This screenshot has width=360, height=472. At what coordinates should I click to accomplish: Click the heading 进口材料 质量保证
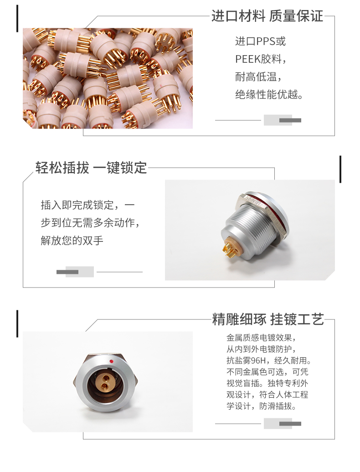click(x=267, y=16)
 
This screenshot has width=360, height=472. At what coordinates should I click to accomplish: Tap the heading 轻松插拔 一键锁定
click(x=91, y=168)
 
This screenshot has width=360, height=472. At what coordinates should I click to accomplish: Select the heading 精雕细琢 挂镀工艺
click(x=268, y=319)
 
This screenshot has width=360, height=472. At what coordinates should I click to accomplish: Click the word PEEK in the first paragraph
click(x=247, y=59)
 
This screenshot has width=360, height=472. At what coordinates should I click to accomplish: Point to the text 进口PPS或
click(x=260, y=41)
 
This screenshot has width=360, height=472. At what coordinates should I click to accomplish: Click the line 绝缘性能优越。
click(x=269, y=94)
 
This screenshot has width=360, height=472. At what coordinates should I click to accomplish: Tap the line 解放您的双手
click(x=72, y=241)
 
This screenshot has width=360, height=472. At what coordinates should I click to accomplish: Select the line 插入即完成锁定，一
click(x=87, y=205)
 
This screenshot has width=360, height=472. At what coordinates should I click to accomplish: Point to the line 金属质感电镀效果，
click(x=261, y=338)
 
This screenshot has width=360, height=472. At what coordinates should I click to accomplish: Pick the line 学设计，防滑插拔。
click(x=261, y=406)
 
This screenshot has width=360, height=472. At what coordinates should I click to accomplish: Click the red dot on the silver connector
click(x=111, y=361)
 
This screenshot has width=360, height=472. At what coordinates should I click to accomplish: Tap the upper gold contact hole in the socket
click(x=105, y=377)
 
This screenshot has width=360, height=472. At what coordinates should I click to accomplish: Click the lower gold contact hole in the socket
click(x=104, y=386)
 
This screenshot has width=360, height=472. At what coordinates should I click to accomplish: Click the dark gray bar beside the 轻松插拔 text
click(x=67, y=272)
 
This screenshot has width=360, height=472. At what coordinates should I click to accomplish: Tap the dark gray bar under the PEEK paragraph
click(x=290, y=120)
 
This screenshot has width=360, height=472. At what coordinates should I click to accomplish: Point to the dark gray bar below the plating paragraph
click(x=290, y=424)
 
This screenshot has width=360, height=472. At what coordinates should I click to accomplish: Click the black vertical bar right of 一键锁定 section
click(x=340, y=169)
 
